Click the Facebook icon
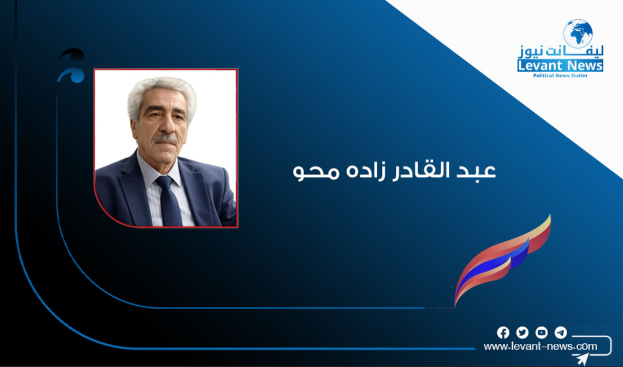[x=503, y=332]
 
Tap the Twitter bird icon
[x=522, y=332]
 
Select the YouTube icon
[x=541, y=332]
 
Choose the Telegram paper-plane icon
[x=560, y=332]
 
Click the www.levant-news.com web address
[x=540, y=346]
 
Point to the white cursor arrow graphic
[x=581, y=358]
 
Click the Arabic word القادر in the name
[x=429, y=172]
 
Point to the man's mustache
[x=165, y=139]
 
